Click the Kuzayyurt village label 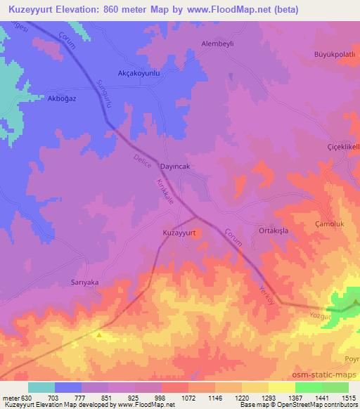point(179,232)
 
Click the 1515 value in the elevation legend point(347,398)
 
